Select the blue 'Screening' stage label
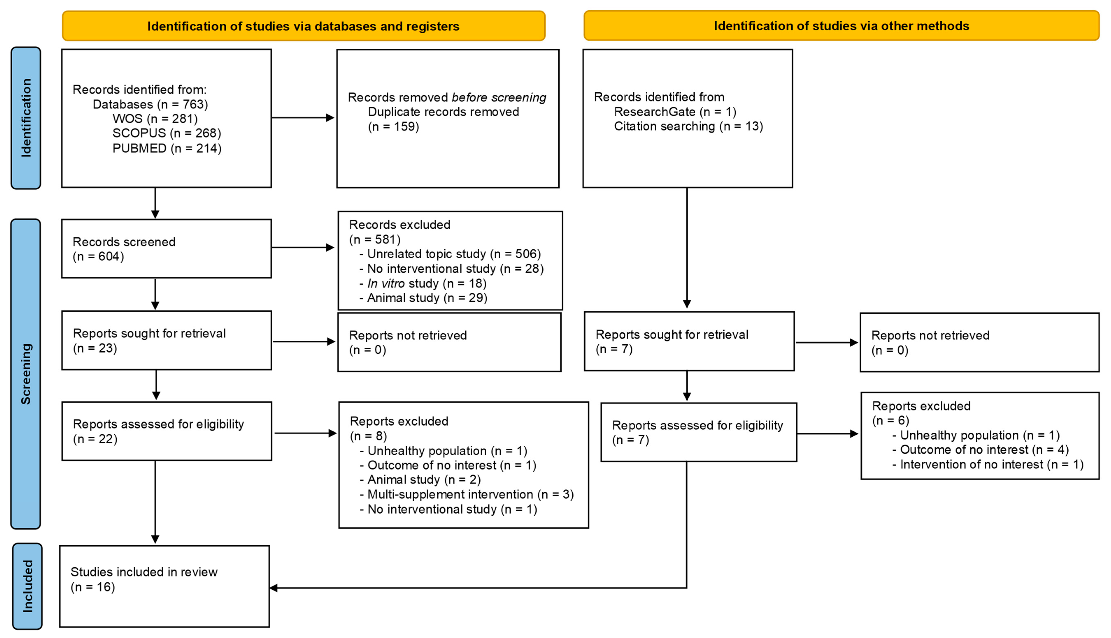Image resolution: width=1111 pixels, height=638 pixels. (x=26, y=374)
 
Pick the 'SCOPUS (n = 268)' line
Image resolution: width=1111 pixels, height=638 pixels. (x=166, y=133)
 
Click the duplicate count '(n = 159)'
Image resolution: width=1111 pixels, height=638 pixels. (x=393, y=127)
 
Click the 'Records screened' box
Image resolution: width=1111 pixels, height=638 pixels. (x=166, y=248)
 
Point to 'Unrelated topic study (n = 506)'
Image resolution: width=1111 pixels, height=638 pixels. (x=454, y=254)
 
